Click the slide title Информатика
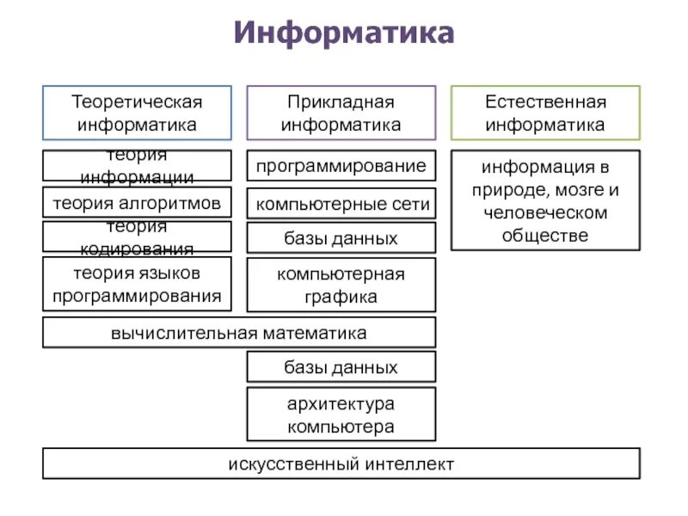(342, 34)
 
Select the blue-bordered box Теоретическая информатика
(137, 113)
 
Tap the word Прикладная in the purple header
(341, 102)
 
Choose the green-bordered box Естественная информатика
(545, 113)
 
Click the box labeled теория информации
(137, 165)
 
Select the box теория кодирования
(137, 236)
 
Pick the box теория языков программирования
(137, 285)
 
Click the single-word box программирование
(341, 165)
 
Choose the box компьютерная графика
(341, 286)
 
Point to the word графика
(341, 297)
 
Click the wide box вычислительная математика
(239, 332)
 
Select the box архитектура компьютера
(341, 415)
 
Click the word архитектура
(341, 403)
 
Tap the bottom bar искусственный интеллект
(341, 464)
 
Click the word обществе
(545, 234)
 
